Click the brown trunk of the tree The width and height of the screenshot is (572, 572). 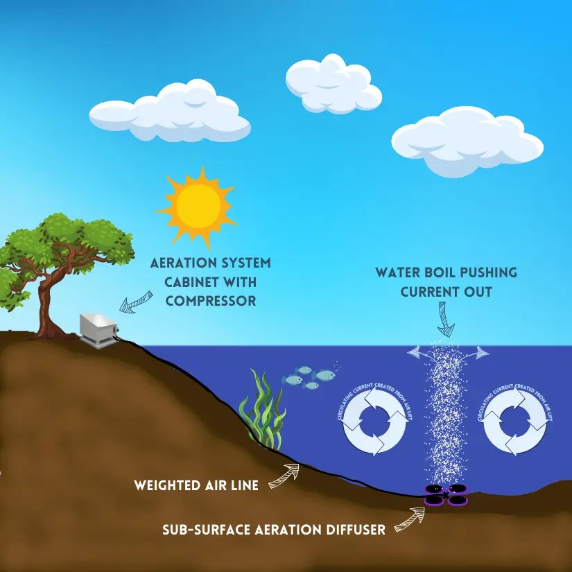47,305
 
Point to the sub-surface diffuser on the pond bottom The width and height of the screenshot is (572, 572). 445,494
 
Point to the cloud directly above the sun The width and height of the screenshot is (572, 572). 171,113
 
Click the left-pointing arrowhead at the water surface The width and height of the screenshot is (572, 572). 415,353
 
